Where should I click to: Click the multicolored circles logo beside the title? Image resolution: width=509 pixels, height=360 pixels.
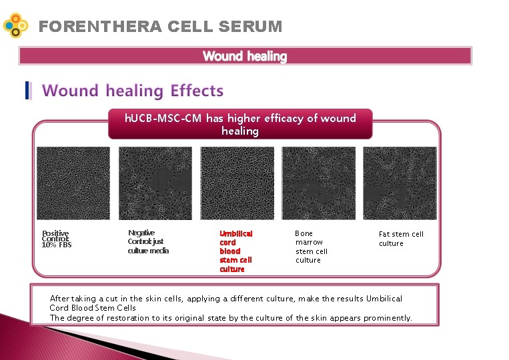point(15,25)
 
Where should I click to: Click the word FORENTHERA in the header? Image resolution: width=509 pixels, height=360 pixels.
point(100,27)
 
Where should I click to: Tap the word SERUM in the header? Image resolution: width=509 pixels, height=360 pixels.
point(250,27)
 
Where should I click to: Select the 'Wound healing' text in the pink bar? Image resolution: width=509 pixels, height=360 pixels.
point(245,56)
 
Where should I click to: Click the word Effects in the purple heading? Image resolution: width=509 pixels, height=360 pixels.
point(197,91)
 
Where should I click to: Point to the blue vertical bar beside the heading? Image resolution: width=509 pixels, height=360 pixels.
point(27,91)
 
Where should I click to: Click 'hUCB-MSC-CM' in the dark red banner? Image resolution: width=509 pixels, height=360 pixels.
point(163,118)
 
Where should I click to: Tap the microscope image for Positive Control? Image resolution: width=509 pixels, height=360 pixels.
point(73,183)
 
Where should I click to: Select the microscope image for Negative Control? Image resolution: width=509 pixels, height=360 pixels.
point(155,183)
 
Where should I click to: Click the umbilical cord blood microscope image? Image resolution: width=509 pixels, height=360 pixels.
point(237,183)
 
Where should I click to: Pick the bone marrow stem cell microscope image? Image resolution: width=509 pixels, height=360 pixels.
point(319,183)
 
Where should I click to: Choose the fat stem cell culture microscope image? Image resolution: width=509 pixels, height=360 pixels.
point(400,183)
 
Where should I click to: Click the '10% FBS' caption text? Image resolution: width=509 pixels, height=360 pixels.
point(57,245)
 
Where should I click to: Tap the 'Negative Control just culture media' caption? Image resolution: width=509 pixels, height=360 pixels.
point(148,241)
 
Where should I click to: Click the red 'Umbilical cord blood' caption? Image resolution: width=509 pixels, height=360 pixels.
point(236,242)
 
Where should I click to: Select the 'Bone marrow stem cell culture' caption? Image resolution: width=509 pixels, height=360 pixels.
point(312,247)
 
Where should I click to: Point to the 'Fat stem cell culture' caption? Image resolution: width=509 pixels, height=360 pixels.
point(401,239)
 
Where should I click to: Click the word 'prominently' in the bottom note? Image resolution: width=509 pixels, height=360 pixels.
point(388,318)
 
